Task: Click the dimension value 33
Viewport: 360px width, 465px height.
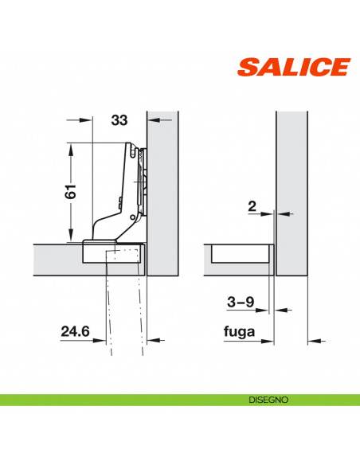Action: pos(119,120)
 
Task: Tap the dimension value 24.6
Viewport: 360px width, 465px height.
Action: pos(75,328)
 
